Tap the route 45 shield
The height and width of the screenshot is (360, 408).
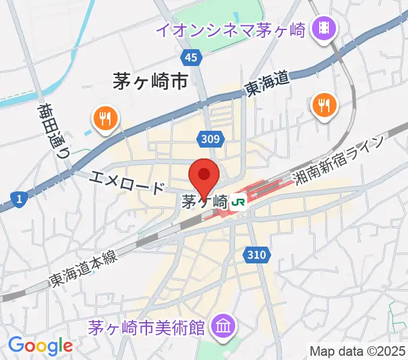[x=191, y=58]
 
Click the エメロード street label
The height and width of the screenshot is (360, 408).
[x=128, y=182]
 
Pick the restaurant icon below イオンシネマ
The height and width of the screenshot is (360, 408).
[x=325, y=106]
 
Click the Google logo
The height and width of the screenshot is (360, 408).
[x=40, y=346]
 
